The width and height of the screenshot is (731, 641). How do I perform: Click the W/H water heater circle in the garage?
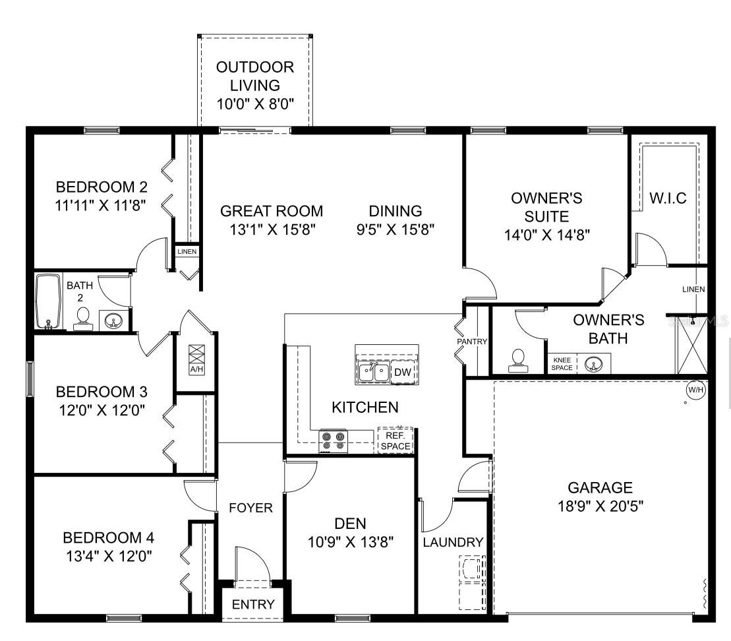[x=696, y=390]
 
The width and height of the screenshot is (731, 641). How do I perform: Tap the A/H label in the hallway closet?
[x=196, y=369]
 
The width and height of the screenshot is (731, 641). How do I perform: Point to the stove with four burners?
[x=334, y=441]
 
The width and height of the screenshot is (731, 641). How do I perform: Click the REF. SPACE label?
[x=395, y=441]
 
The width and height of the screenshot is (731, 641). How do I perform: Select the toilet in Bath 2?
[x=84, y=320]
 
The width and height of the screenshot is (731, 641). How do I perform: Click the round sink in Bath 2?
[x=113, y=321]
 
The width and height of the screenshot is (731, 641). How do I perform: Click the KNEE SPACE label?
[x=562, y=364]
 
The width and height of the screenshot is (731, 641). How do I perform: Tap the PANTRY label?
[x=472, y=342]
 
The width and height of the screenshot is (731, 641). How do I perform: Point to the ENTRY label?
[x=253, y=605]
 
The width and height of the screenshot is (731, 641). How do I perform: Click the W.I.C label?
[x=668, y=198]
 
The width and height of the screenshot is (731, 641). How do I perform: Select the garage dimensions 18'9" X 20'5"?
[x=600, y=506]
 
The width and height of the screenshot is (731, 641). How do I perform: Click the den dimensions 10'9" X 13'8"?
[x=351, y=541]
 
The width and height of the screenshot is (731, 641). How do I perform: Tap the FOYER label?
[x=251, y=508]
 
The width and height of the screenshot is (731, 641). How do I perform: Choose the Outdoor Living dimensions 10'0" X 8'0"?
[x=255, y=104]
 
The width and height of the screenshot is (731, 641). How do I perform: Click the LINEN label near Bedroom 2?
[x=187, y=251]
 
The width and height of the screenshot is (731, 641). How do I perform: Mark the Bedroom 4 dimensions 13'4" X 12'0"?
[x=109, y=556]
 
